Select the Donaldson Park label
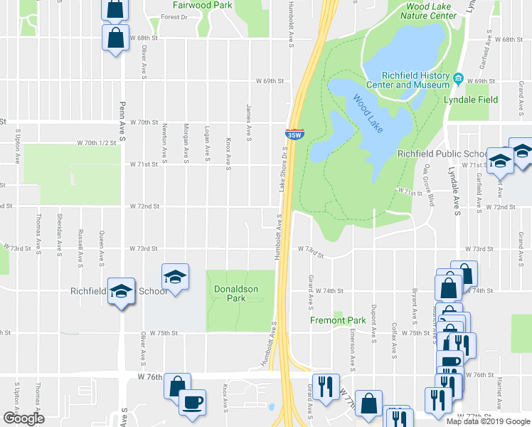click(236, 293)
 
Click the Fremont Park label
click(338, 320)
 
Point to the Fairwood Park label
click(202, 5)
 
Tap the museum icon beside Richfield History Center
click(459, 78)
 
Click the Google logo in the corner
click(23, 418)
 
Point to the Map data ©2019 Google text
click(487, 421)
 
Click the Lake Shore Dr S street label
click(282, 172)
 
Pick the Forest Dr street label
click(175, 16)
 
